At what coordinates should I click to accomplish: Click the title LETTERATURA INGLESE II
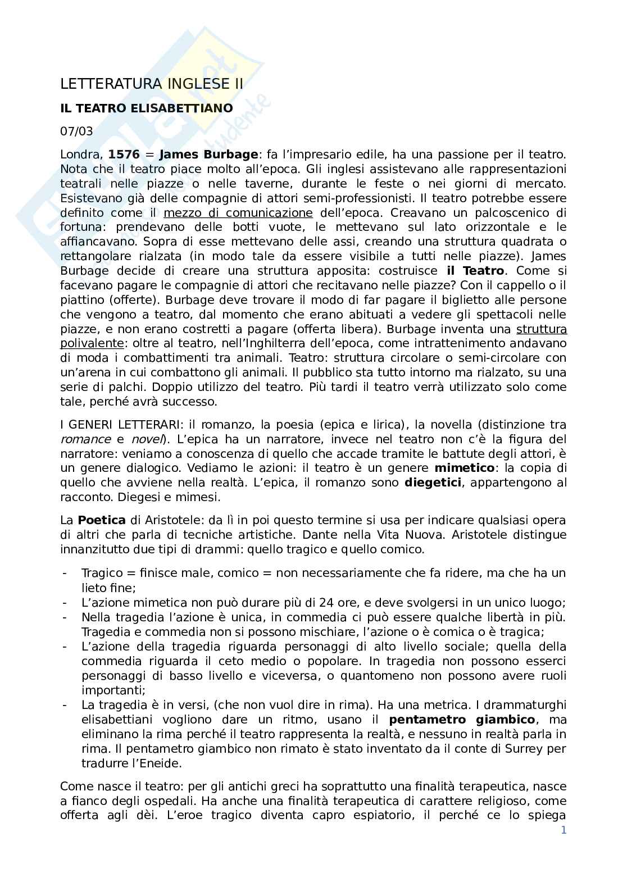click(152, 84)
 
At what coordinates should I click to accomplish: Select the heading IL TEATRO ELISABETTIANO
click(146, 108)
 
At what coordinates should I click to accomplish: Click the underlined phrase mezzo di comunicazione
click(238, 213)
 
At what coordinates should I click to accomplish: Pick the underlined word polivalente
click(92, 343)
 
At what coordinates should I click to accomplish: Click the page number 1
click(564, 830)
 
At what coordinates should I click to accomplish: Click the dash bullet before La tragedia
click(66, 705)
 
